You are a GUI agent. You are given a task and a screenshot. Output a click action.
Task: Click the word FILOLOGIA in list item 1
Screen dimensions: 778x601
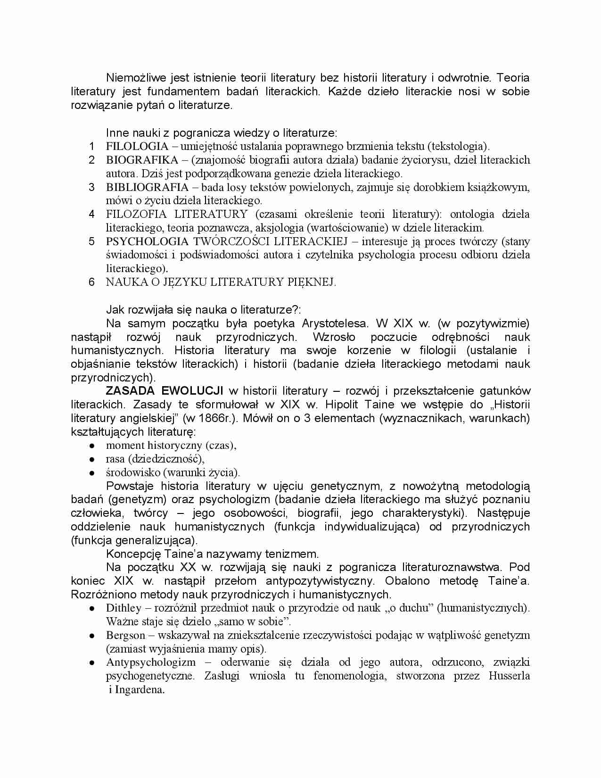[x=137, y=146]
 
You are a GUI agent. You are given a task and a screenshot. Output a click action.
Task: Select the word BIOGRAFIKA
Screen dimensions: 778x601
[x=142, y=160]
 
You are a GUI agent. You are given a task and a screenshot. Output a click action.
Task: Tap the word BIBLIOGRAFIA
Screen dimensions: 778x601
[x=147, y=187]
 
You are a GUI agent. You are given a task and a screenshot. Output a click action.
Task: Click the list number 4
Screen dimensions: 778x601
[x=92, y=215]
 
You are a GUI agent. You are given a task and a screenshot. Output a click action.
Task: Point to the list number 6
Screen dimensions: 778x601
[x=92, y=282]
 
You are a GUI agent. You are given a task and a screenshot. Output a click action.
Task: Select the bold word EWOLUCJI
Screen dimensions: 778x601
[x=192, y=391]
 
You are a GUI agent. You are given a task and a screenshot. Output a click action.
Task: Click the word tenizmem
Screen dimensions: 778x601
[x=295, y=554]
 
